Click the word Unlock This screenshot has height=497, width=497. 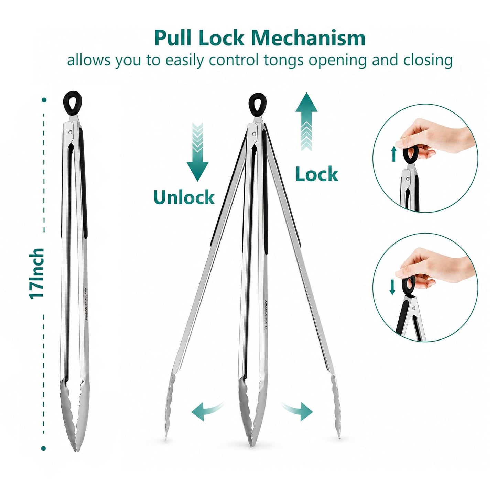(184, 197)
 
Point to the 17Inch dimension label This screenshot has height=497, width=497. (36, 273)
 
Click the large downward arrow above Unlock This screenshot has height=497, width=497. (197, 152)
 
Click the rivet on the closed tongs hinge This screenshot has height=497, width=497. (71, 132)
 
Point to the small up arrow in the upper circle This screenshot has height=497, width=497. (393, 154)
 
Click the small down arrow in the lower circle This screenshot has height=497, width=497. (392, 287)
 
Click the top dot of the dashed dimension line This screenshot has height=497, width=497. (44, 99)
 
